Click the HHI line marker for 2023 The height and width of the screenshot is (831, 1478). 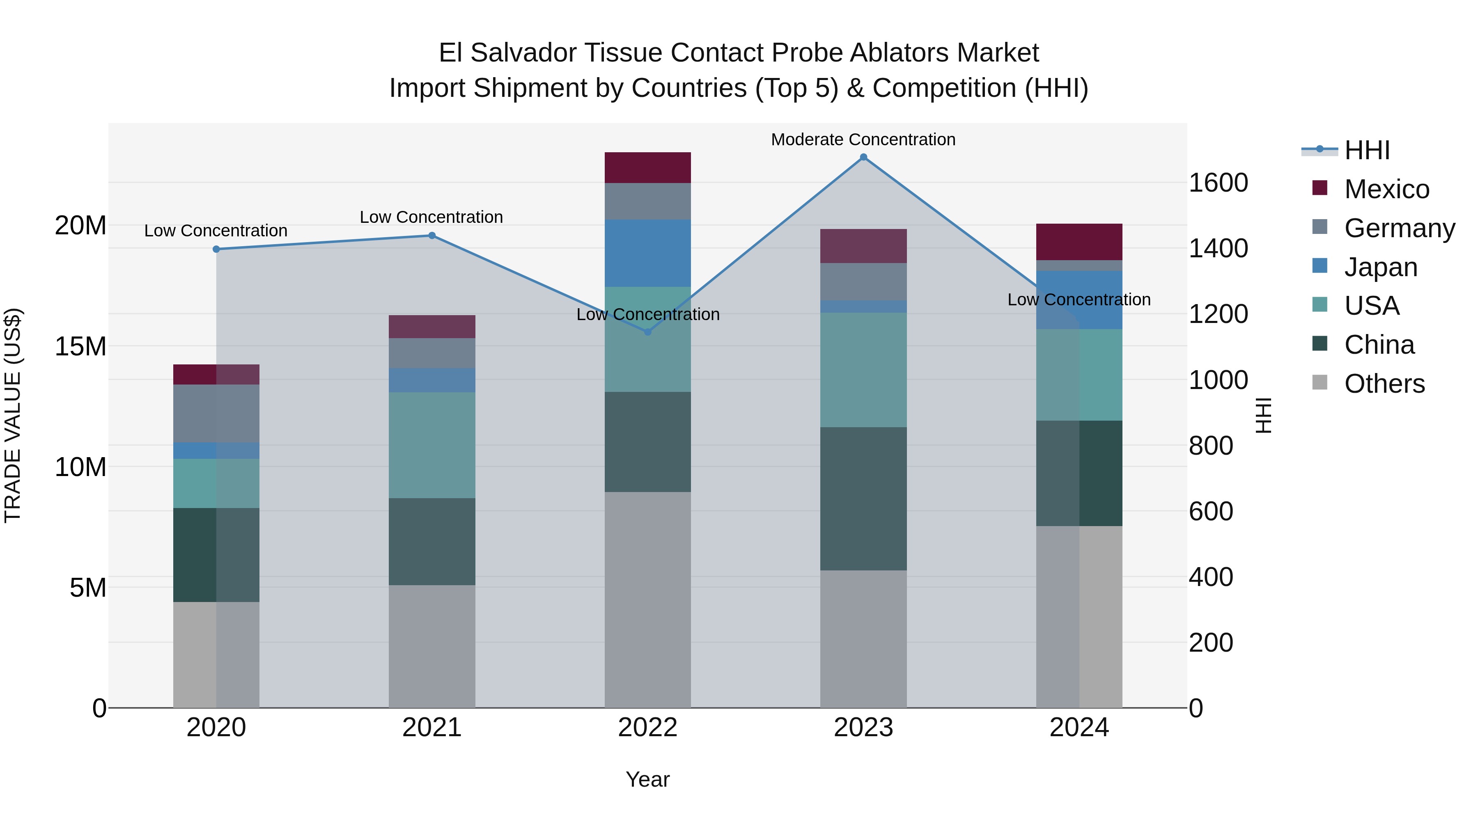(x=863, y=157)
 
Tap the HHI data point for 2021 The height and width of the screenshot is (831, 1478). (x=432, y=236)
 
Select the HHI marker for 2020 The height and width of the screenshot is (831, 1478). (x=216, y=250)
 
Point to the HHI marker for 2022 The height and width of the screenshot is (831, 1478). (x=648, y=332)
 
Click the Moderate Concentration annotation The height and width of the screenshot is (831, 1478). (x=863, y=140)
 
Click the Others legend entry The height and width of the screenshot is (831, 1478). (x=1384, y=384)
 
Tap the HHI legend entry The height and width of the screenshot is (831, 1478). (x=1367, y=150)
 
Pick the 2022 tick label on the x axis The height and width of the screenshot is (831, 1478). (x=648, y=728)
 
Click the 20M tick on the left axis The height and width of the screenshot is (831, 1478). (x=80, y=225)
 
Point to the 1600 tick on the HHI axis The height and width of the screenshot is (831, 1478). (x=1218, y=183)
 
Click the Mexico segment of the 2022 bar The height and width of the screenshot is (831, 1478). (x=648, y=167)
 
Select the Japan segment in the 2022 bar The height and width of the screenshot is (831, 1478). (x=648, y=253)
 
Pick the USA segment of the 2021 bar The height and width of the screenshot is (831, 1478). (x=432, y=445)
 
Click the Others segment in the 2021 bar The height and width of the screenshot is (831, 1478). (x=432, y=646)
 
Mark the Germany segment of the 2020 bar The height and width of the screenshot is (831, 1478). (x=216, y=414)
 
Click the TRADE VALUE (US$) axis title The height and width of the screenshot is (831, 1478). (x=13, y=415)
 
